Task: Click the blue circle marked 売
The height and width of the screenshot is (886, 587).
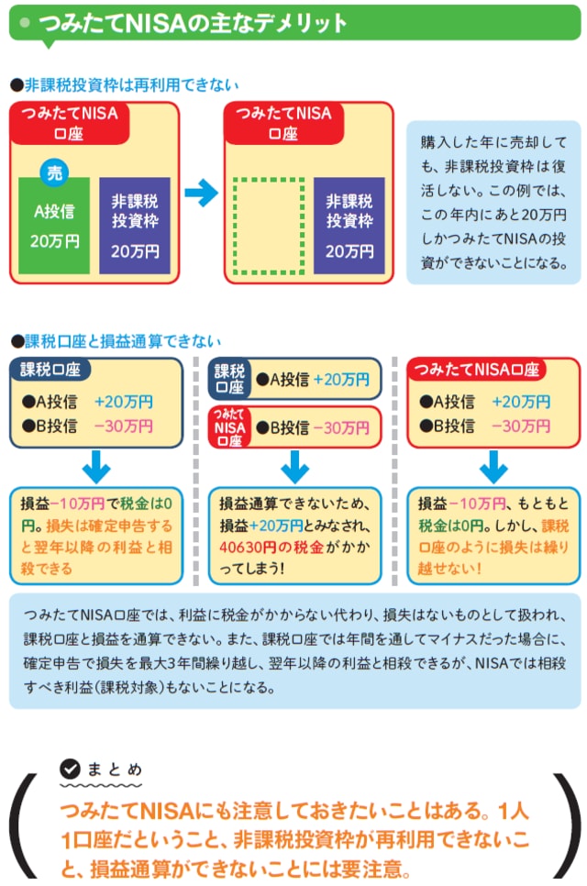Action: tap(55, 173)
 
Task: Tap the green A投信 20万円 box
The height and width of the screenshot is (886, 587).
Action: tap(54, 227)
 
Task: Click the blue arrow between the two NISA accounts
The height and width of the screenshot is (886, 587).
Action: tap(201, 193)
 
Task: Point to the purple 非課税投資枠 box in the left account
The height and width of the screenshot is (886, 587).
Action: tap(135, 226)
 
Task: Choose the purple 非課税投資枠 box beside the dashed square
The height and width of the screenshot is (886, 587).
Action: tap(349, 226)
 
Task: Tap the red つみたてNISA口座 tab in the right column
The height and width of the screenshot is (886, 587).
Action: tap(476, 371)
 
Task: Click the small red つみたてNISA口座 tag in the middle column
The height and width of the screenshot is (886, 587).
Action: tap(228, 427)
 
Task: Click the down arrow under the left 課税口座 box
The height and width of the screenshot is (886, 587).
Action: tap(96, 467)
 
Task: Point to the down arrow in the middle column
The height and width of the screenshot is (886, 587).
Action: tap(294, 467)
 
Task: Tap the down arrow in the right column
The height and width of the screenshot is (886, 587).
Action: tap(493, 467)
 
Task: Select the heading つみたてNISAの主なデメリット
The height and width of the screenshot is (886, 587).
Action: tap(193, 23)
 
